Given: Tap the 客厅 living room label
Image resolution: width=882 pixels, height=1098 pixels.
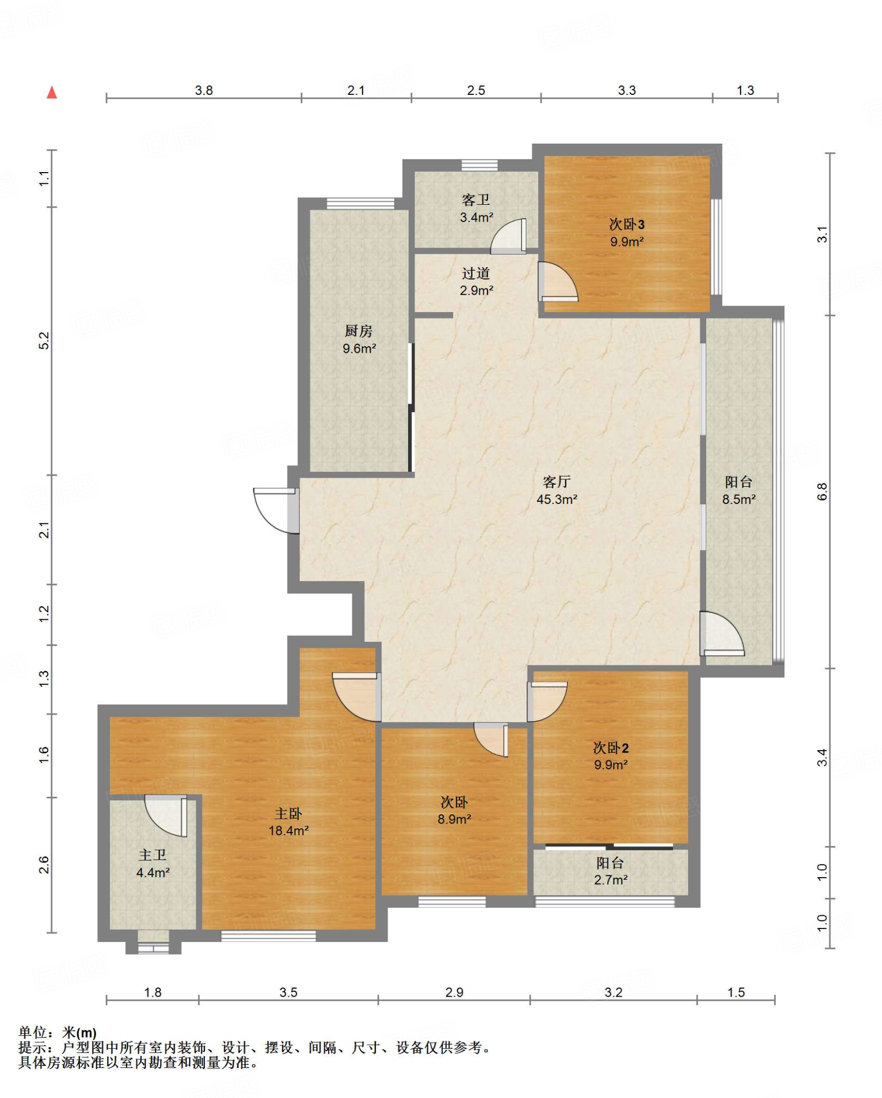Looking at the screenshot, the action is pos(557,481).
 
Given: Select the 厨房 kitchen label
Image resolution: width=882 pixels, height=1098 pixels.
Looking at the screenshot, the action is pos(359,331).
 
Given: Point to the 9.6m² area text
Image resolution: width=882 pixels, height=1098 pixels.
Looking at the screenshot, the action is pos(359,348).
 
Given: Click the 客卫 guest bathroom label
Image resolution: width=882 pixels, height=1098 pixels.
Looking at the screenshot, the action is pos(476,200).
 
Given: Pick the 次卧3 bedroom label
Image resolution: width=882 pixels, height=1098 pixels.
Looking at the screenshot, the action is pos(627,224).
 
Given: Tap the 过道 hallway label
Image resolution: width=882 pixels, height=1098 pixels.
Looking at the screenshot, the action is pos(476,273).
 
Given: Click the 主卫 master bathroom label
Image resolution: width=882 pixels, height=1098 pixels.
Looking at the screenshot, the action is pos(153,855).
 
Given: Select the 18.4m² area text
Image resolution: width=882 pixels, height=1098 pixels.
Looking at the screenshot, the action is pos(288,830).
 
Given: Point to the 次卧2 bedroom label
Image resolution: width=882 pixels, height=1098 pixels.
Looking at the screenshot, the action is pos(611,747).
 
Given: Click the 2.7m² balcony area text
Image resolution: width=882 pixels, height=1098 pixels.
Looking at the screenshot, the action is pos(611,880).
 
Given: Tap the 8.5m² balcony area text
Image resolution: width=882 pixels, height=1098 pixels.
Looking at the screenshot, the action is pos(739,499).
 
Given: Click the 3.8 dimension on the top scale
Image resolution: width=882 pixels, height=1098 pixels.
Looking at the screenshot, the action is pos(204,90).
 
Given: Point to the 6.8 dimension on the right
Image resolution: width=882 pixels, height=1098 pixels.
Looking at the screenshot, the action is pos(822,492).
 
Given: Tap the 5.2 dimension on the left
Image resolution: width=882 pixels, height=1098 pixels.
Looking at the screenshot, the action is pos(44,341).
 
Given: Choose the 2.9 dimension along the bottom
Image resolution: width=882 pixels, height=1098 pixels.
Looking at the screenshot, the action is pos(454,992).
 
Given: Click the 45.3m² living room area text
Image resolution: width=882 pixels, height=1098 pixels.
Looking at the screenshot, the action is pos(557,499).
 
